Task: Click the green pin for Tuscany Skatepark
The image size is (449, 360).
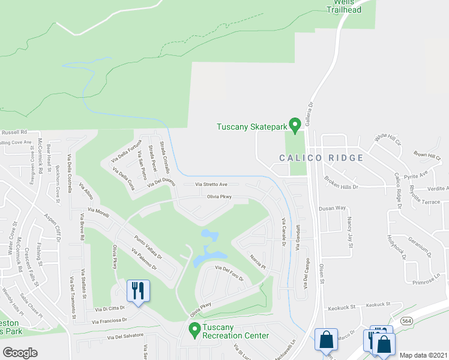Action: pos(294,125)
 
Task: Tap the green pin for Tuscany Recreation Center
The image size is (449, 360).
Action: pos(194,329)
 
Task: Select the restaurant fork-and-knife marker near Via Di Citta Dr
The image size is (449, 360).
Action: pos(139,292)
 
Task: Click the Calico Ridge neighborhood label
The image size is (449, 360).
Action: pos(321,158)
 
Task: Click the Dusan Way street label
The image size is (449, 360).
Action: pos(333,208)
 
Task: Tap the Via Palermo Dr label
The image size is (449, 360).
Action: pos(144,259)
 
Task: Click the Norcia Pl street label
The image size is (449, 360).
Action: pos(258,260)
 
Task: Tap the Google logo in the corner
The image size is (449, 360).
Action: pos(20,353)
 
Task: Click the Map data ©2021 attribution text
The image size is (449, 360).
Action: pos(423,355)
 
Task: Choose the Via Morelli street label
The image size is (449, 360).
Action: pos(100,211)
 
